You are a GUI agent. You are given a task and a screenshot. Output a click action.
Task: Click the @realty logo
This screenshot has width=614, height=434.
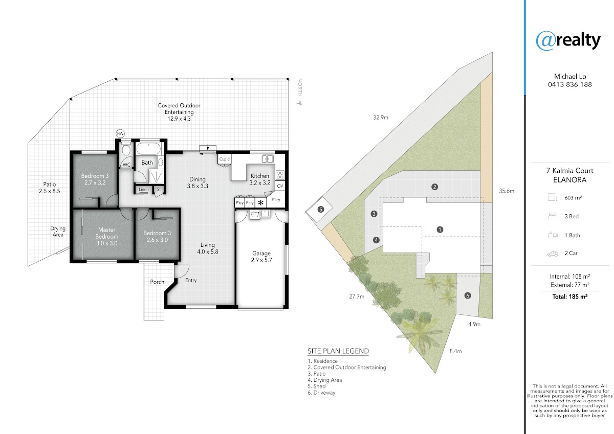[568, 41]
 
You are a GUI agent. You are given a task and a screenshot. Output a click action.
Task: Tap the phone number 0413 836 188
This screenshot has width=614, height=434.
[569, 85]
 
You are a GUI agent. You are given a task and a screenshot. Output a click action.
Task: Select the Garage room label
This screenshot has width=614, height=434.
[261, 253]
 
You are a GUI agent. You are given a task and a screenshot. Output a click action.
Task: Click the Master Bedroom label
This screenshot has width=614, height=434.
[106, 233]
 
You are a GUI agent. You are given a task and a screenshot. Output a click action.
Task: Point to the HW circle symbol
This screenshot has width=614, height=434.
[120, 133]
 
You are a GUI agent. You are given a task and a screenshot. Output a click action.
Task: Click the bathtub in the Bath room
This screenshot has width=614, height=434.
[148, 149]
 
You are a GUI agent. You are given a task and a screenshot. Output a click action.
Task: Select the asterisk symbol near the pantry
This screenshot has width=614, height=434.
[260, 203]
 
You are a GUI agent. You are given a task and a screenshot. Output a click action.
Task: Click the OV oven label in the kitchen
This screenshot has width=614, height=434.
[280, 186]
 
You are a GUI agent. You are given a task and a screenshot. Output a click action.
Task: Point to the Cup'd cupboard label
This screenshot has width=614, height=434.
[225, 159]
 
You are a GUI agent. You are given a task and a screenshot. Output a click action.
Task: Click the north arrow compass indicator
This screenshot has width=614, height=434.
[300, 103]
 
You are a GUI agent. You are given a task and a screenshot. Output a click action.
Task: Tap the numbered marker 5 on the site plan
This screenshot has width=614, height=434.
[321, 210]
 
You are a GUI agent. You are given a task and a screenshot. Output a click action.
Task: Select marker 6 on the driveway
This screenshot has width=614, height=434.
[468, 295]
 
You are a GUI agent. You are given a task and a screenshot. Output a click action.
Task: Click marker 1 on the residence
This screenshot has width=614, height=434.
[440, 230]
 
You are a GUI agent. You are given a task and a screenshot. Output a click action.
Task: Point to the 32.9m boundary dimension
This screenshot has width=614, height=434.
[381, 118]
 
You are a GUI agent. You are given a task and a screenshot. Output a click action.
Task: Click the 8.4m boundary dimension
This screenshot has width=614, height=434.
[455, 351]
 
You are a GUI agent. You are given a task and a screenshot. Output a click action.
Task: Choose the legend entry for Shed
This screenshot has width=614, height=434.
[317, 386]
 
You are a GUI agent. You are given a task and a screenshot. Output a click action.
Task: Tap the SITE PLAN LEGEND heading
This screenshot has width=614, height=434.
[338, 351]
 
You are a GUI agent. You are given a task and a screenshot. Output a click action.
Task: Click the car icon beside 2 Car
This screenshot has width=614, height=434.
[553, 254]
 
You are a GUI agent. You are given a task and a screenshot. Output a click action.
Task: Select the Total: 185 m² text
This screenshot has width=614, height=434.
[570, 296]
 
